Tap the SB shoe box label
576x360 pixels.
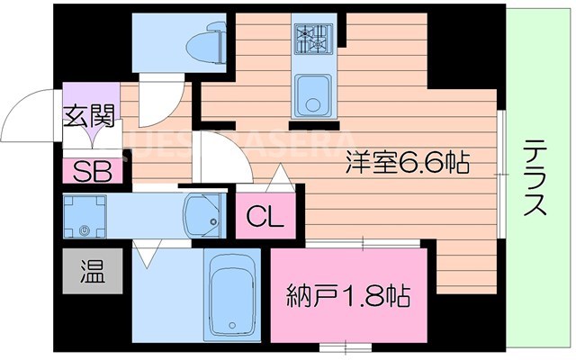(88, 171)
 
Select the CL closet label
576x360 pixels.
(265, 217)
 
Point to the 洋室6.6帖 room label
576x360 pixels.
(408, 163)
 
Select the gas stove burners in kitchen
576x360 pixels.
(312, 38)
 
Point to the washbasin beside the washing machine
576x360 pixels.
(201, 214)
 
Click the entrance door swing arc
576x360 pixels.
(27, 117)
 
